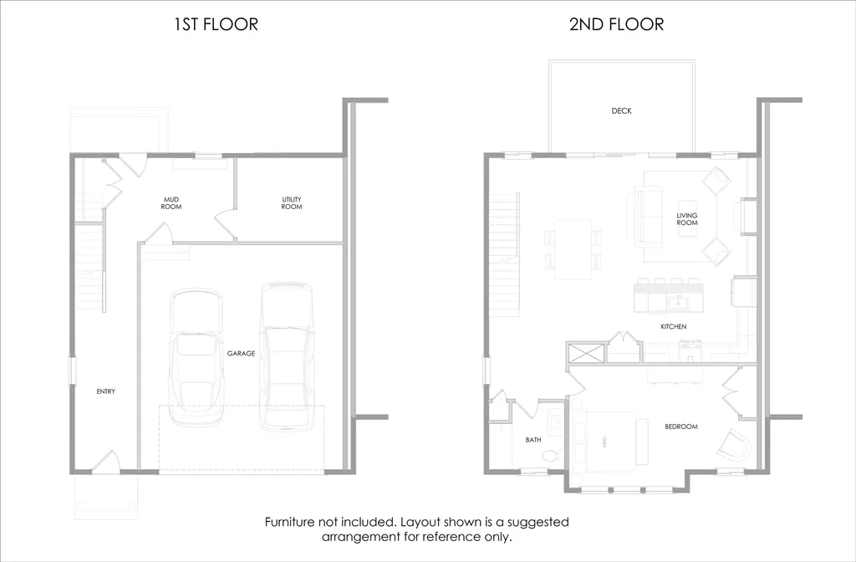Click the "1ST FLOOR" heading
216,24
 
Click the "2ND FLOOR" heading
616,24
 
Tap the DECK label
621,110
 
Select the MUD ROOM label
171,202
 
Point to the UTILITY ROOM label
291,202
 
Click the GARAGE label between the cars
241,354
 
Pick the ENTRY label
105,391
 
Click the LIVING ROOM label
686,219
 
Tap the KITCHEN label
673,327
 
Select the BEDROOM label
680,427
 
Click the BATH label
533,439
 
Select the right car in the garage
286,355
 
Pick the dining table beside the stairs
573,249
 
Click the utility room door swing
224,223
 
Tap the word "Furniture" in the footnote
293,522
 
